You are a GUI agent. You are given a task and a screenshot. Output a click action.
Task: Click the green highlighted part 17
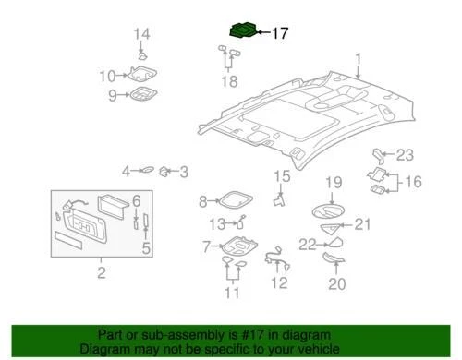(x=242, y=30)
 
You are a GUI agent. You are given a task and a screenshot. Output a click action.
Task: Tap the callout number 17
(x=278, y=32)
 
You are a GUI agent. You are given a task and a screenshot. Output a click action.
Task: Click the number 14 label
(x=140, y=36)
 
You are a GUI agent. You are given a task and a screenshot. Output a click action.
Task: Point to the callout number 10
(x=107, y=76)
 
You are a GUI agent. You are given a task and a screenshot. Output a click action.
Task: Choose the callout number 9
(x=113, y=95)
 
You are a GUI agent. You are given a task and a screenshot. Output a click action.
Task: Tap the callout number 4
(x=126, y=171)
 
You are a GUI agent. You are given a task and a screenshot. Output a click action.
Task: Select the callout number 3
(x=183, y=171)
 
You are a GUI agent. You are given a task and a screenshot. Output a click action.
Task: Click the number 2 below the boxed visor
(x=102, y=272)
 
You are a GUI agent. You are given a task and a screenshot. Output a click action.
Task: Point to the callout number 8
(x=203, y=201)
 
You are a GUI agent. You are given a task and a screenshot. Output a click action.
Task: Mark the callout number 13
(x=215, y=222)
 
